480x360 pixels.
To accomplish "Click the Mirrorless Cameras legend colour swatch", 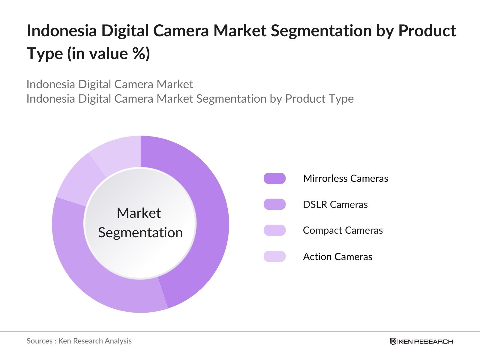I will tap(274, 178).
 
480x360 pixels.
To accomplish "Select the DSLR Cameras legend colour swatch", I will tap(274, 204).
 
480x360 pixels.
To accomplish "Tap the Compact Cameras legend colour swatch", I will tap(274, 230).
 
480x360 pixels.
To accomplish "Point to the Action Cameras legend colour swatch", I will tap(274, 256).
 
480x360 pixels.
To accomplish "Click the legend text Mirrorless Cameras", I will tap(346, 178).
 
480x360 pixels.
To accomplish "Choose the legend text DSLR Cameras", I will tap(335, 205).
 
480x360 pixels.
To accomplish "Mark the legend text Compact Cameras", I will tap(343, 230).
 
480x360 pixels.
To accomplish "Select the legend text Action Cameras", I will tap(337, 257).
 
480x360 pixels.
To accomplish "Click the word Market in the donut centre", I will tap(139, 213).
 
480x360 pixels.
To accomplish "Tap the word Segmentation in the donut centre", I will tap(140, 233).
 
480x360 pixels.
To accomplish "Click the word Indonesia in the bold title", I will tap(62, 31).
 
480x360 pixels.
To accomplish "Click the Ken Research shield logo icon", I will tap(393, 341).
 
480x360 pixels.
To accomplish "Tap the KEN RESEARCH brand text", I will tap(426, 341).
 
